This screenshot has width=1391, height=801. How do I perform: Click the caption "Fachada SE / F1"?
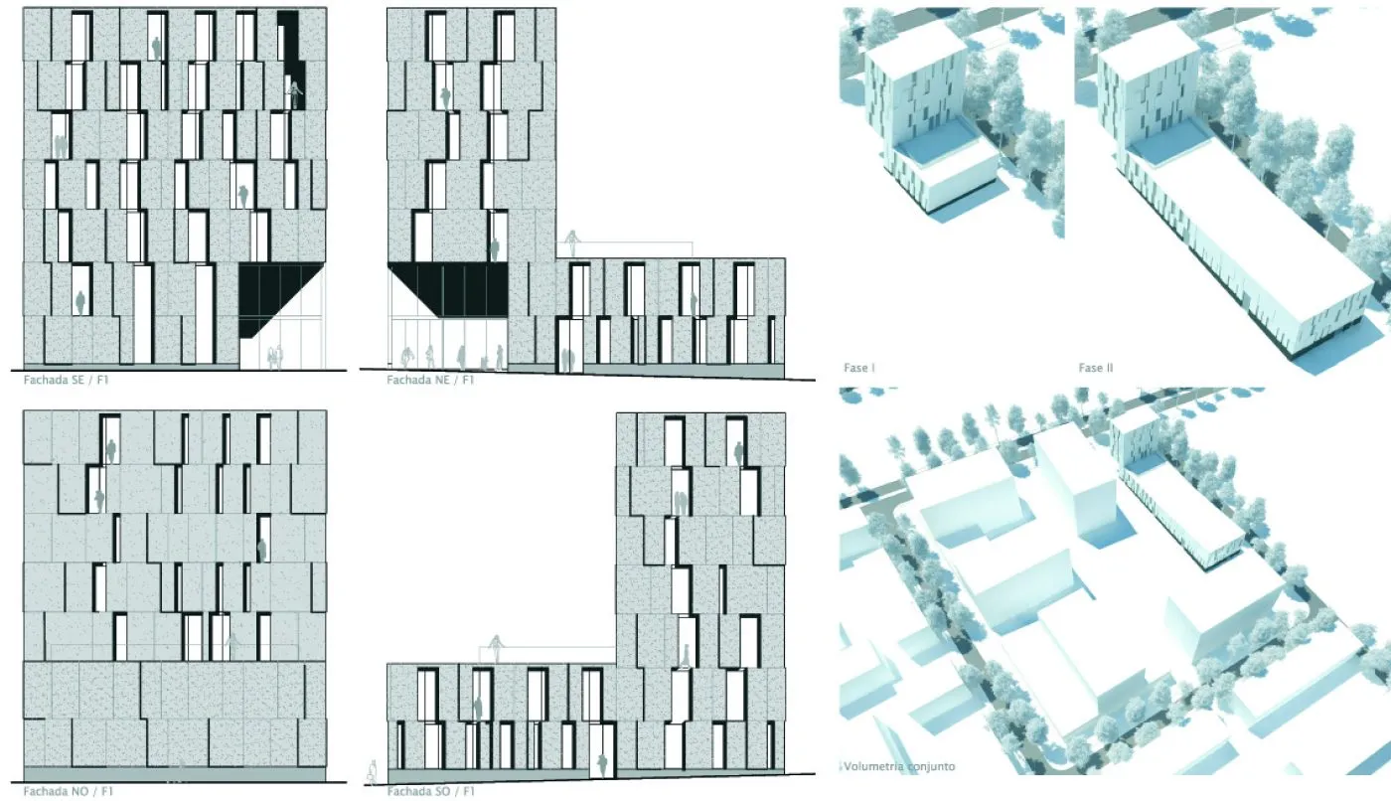click(x=66, y=380)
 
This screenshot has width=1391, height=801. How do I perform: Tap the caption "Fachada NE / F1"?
click(x=429, y=380)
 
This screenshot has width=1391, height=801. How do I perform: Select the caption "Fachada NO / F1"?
click(x=69, y=791)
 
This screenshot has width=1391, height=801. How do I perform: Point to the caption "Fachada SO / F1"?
click(x=430, y=791)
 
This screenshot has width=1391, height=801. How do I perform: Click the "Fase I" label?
click(x=858, y=368)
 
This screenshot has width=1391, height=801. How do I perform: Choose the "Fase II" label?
click(x=1095, y=368)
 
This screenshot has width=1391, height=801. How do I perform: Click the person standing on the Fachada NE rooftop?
click(x=572, y=243)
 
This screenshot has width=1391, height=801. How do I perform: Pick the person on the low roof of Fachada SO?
click(x=496, y=648)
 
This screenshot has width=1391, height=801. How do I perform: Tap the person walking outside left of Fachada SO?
click(x=373, y=772)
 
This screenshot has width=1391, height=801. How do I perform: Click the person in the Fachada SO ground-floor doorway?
click(x=601, y=765)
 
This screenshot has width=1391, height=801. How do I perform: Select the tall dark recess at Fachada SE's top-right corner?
click(x=289, y=61)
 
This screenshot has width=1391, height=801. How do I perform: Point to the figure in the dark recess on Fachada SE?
click(x=293, y=93)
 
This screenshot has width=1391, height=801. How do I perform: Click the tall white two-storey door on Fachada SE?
click(x=143, y=314)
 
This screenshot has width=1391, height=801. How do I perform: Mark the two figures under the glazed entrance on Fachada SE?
click(x=275, y=357)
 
